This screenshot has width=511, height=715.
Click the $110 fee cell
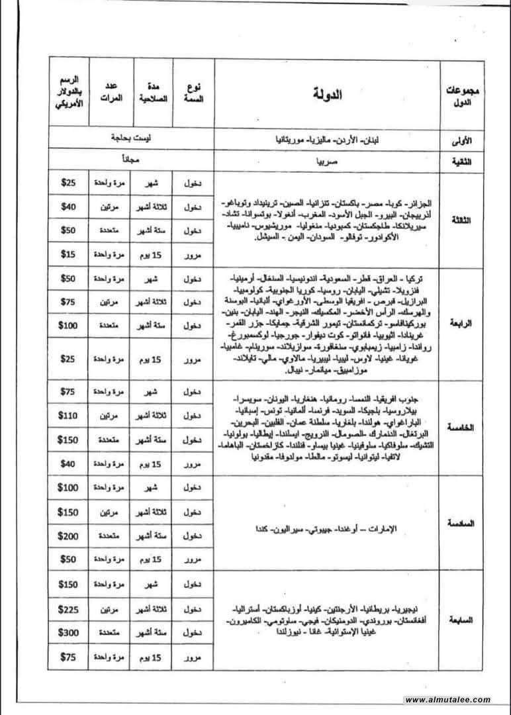(x=68, y=416)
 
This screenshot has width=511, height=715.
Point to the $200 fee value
(x=68, y=536)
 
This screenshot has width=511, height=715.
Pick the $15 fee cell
(x=68, y=253)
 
